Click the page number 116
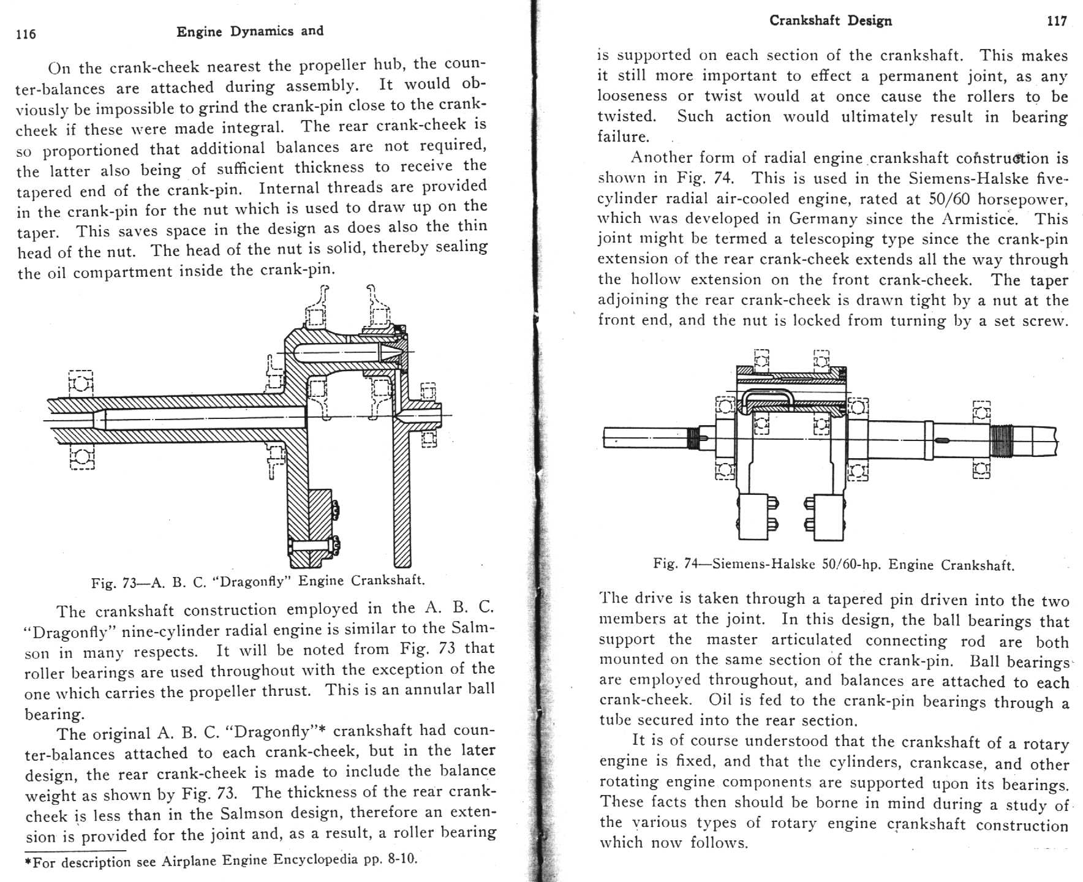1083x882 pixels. click(26, 34)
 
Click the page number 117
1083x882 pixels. click(1056, 21)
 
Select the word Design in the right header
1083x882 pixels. click(870, 21)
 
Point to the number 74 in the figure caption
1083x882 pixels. click(690, 564)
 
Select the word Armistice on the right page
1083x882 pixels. click(978, 219)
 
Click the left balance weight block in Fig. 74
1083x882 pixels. click(757, 516)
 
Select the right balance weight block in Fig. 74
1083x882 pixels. click(825, 517)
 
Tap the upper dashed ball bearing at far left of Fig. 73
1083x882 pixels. click(81, 383)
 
